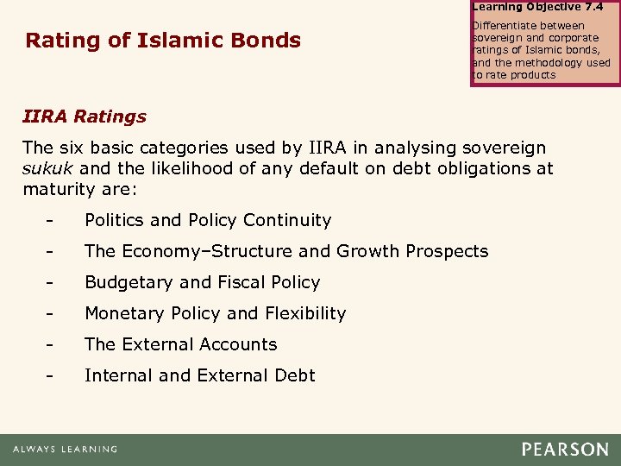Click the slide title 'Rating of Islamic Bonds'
pos(163,41)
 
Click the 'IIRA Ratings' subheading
pos(85,116)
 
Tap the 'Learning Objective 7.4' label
pos(537,7)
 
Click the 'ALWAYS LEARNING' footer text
pos(65,450)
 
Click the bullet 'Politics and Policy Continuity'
pos(207,220)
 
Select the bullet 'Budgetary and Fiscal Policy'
pos(202,282)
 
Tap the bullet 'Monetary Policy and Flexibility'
pos(215,313)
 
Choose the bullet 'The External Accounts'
pos(180,344)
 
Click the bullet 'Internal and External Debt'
pos(199,375)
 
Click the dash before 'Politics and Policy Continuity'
pos(53,221)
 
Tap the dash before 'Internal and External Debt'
pos(53,376)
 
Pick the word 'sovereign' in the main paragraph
pos(505,148)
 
